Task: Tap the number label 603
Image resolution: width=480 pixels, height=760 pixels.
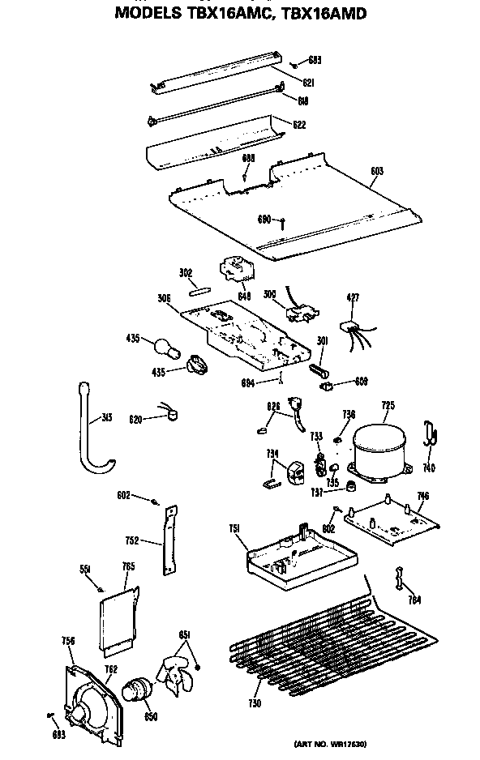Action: pyautogui.click(x=375, y=171)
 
